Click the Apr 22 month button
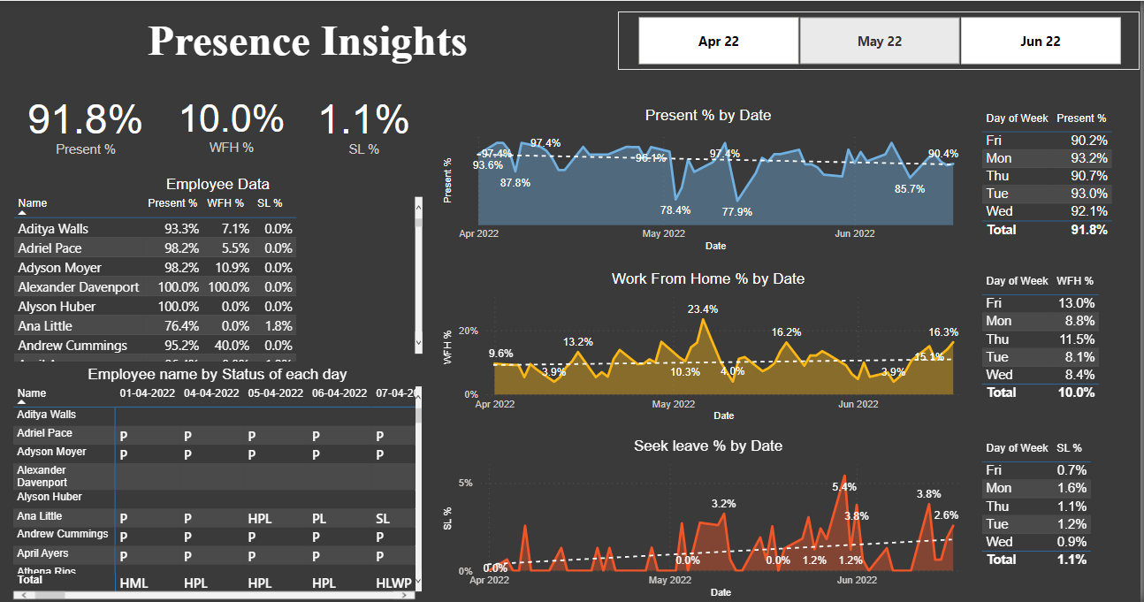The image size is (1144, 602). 718,41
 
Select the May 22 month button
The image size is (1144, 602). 879,41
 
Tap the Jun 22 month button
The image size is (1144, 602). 1040,41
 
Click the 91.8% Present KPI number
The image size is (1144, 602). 85,120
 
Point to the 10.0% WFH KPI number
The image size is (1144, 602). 232,120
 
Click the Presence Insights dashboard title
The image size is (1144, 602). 307,42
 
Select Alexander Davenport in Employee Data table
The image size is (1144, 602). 78,287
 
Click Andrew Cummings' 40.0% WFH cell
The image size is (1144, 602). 229,346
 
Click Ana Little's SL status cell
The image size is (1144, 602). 382,516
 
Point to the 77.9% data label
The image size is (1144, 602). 736,212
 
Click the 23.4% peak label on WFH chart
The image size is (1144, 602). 703,309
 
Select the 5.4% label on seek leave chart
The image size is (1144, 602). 844,487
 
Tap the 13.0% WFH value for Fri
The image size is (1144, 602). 1078,303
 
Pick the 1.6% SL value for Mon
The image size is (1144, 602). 1075,488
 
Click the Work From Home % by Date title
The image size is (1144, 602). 707,278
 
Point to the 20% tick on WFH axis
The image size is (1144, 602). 468,331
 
